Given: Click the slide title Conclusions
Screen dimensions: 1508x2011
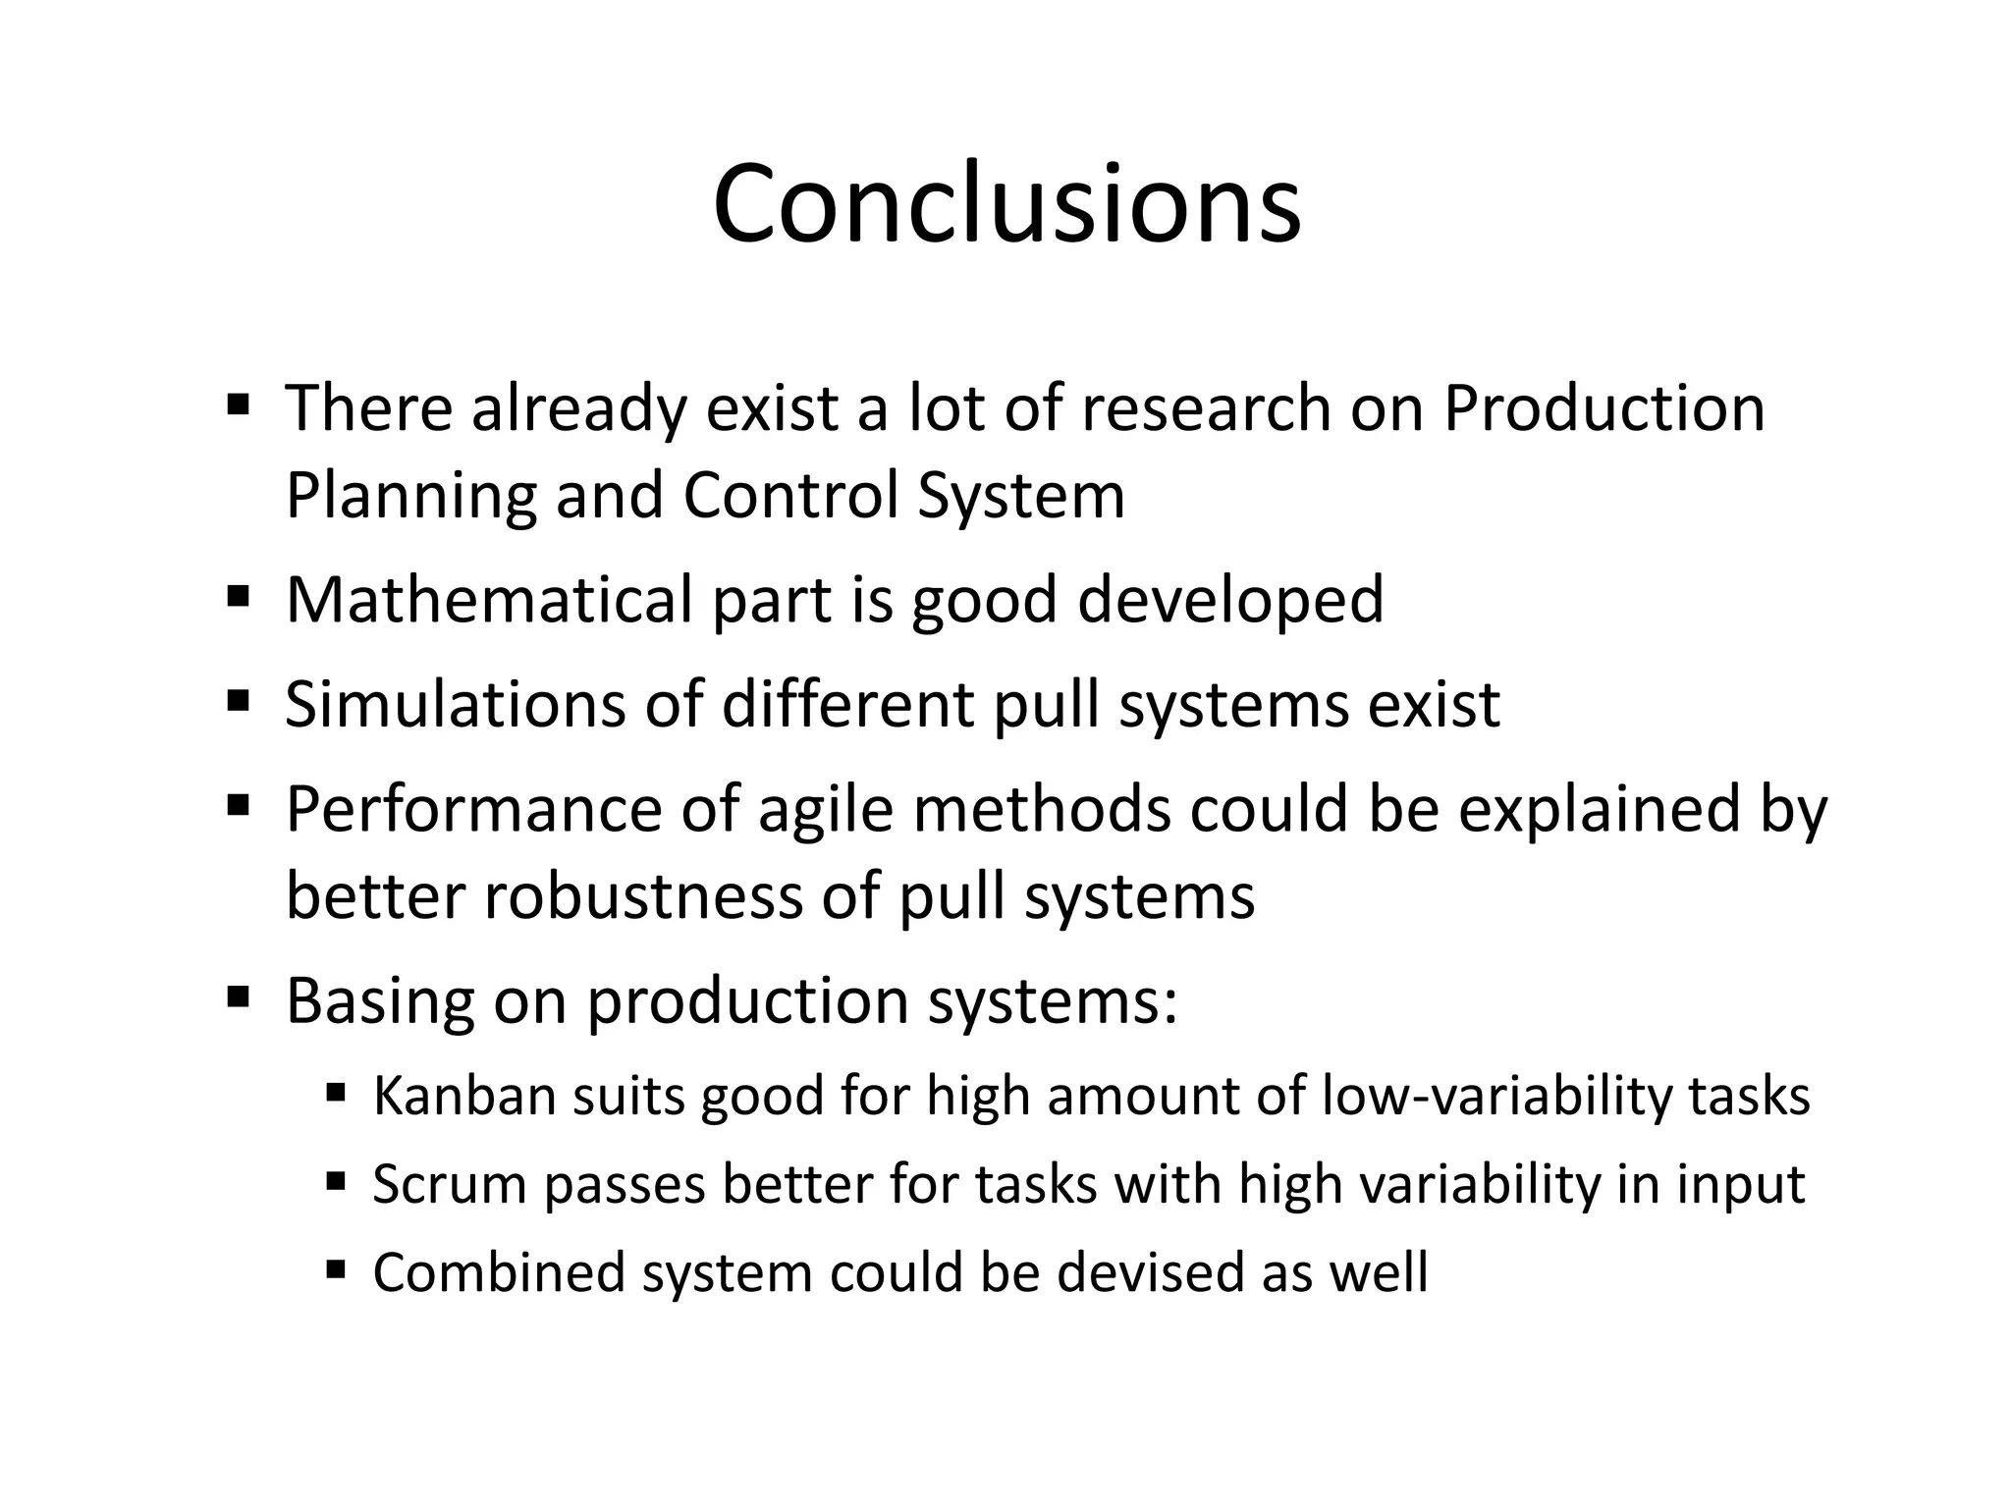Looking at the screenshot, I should coord(1006,204).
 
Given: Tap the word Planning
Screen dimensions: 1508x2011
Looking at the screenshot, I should coord(410,496).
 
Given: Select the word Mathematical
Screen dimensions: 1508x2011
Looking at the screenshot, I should coord(489,600).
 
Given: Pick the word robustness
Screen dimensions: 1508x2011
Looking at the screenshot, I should coord(643,895).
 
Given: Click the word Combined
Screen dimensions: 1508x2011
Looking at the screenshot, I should coord(499,1272).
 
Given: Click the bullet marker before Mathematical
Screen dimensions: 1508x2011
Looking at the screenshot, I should coord(238,596).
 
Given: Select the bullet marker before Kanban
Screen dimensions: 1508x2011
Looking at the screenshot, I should coord(336,1092).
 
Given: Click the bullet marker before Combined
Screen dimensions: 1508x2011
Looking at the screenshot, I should coord(336,1269).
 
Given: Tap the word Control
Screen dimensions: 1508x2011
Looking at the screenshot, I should coord(790,496).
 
